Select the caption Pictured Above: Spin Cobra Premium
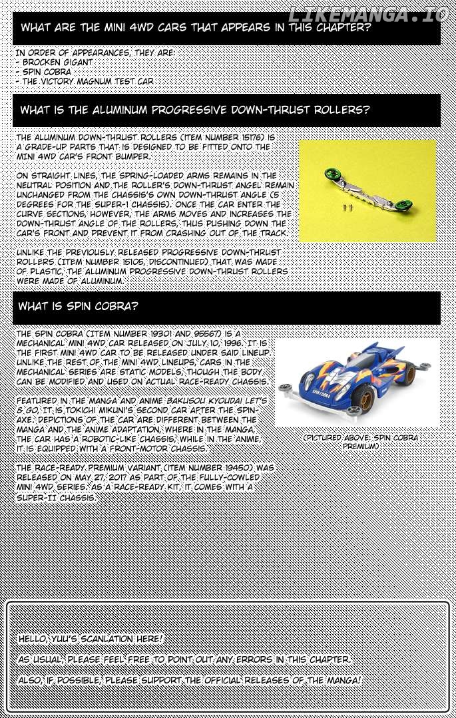tap(360, 442)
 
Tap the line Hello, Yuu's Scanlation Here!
tap(90, 639)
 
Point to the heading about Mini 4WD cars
tap(196, 28)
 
